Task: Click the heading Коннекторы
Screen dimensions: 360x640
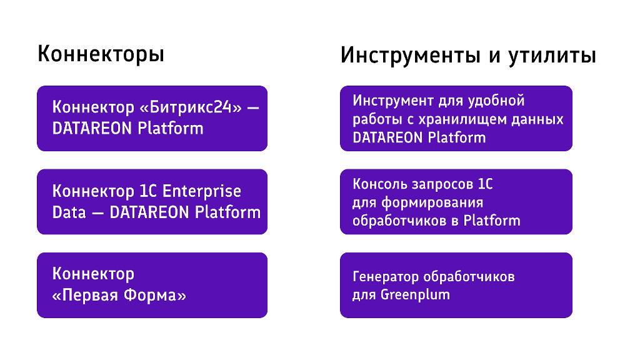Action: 101,54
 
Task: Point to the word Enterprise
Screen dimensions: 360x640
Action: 202,191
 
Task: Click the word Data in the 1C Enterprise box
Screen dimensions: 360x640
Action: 69,212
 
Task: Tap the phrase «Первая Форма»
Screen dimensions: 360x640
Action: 119,295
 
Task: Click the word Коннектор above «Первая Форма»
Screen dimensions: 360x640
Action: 93,274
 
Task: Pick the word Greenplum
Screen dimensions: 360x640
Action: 415,294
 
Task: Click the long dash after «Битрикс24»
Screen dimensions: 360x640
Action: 252,107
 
